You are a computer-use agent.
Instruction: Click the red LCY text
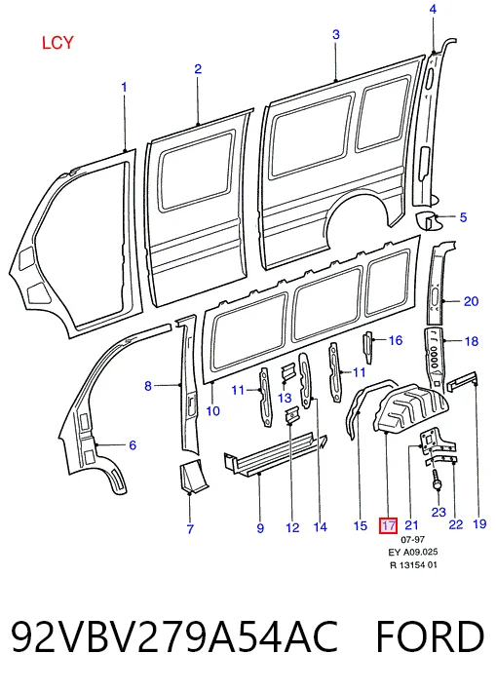tap(57, 43)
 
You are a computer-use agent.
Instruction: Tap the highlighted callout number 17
tap(389, 525)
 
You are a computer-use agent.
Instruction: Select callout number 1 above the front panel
tap(124, 87)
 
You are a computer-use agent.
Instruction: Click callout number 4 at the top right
tap(433, 9)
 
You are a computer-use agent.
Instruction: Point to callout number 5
tap(463, 217)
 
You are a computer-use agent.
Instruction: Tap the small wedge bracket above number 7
tap(193, 476)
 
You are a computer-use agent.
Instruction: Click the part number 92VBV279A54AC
tap(174, 636)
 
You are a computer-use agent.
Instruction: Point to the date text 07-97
tap(412, 539)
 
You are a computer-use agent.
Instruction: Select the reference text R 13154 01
tap(413, 565)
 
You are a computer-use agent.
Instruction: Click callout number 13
tap(286, 398)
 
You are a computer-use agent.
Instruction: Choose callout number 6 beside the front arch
tap(133, 444)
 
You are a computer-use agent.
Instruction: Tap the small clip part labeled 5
tap(427, 219)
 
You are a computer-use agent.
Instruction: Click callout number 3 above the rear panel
tap(336, 34)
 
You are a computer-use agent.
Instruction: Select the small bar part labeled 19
tap(463, 380)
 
